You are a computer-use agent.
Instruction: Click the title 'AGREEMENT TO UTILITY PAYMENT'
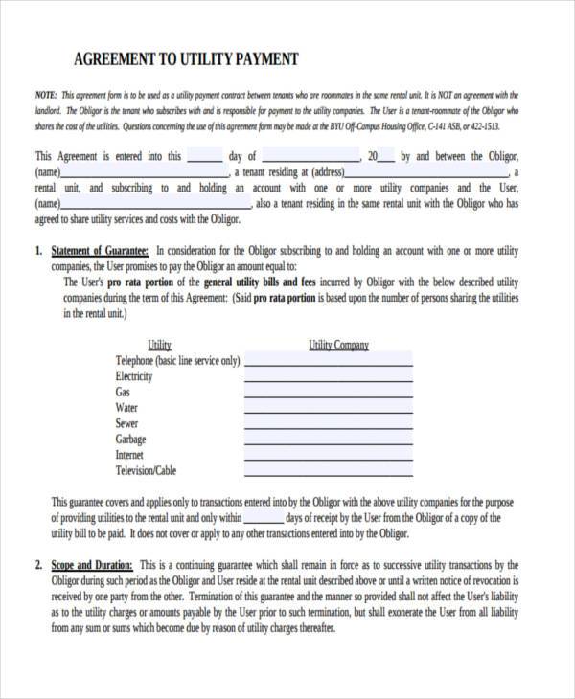[x=187, y=59]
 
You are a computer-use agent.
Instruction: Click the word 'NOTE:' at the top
[x=45, y=96]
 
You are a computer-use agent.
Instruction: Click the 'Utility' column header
[x=159, y=345]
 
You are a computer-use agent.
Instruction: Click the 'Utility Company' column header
[x=338, y=345]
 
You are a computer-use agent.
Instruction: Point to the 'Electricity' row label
[x=133, y=376]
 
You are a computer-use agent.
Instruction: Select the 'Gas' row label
[x=123, y=393]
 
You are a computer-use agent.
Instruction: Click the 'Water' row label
[x=126, y=408]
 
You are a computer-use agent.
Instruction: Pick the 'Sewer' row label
[x=126, y=423]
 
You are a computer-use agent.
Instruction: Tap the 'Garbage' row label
[x=130, y=440]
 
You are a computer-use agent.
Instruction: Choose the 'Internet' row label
[x=129, y=455]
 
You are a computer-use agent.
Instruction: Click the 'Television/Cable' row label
[x=146, y=471]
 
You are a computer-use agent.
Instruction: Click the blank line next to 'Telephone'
[x=328, y=364]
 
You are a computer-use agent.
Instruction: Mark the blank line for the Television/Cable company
[x=328, y=475]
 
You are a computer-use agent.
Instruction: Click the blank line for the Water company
[x=328, y=412]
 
